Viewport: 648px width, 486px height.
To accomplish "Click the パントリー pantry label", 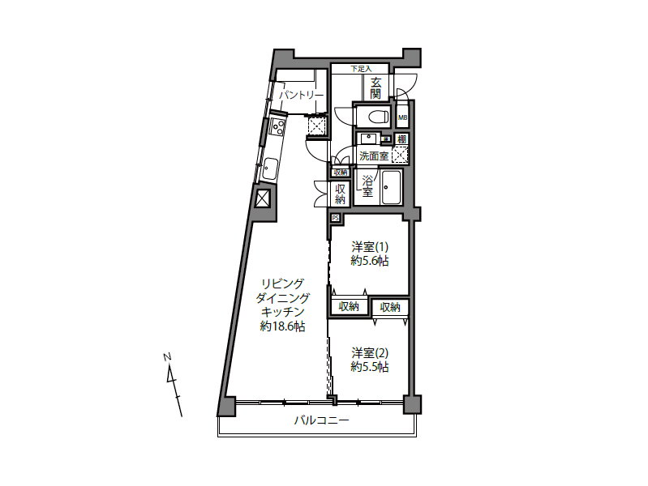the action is [x=301, y=96].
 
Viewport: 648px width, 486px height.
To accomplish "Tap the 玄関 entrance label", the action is [x=375, y=88].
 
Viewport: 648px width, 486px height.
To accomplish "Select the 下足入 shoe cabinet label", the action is [x=361, y=69].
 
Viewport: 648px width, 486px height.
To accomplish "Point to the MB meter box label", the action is [x=402, y=117].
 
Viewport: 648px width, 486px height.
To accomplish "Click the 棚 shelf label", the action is [x=401, y=139].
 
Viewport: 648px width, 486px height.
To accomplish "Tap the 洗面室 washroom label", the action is [x=374, y=156].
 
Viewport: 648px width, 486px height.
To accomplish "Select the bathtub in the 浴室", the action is [x=392, y=187].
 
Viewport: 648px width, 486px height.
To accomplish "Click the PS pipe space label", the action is [x=335, y=218].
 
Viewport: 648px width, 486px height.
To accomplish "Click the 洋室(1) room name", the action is [x=370, y=247].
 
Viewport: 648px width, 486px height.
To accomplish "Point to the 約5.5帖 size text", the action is [x=370, y=367].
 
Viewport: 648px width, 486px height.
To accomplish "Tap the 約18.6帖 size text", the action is [x=283, y=326].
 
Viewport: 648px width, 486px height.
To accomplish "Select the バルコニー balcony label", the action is [x=322, y=420].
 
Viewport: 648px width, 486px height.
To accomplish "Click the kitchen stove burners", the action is [x=277, y=126].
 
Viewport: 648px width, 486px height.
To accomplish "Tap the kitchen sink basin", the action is [x=270, y=169].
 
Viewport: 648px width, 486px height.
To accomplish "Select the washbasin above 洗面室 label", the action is [x=368, y=139].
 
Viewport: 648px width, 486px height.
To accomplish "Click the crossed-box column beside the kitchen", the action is [x=263, y=199].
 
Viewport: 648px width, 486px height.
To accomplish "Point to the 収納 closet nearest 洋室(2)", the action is [x=390, y=307].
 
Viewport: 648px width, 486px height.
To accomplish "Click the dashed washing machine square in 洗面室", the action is [x=400, y=156].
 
